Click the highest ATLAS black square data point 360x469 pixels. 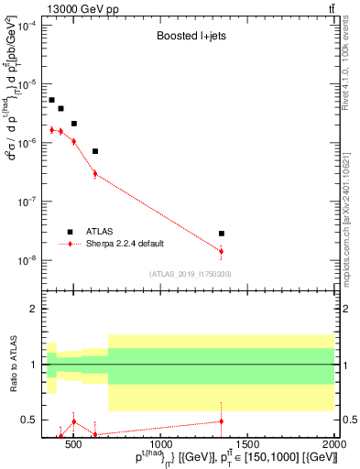[51, 100]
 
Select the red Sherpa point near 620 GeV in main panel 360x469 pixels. [94, 173]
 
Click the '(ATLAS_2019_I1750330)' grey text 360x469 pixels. [191, 274]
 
